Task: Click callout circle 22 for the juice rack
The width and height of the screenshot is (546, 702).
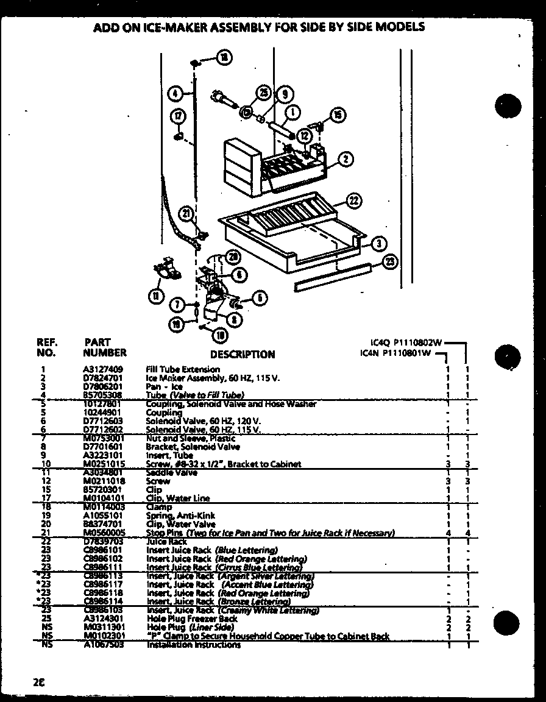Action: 354,200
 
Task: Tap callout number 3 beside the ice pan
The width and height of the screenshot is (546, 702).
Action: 378,243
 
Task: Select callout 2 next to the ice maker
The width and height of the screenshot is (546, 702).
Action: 345,160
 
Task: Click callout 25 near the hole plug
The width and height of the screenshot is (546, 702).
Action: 264,93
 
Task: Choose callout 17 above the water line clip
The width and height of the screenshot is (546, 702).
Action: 177,117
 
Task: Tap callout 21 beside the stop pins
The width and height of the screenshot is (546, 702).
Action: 186,213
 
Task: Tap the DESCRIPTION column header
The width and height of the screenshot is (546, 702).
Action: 242,354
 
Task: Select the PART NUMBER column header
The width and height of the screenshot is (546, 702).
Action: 104,347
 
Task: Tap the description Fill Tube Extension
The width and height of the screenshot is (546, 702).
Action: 183,369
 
